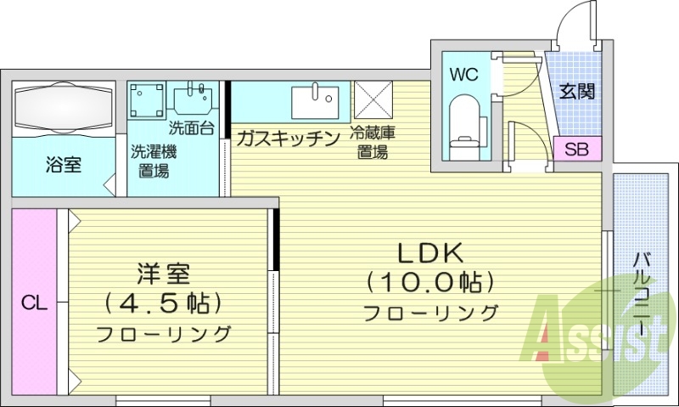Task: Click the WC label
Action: coord(464,74)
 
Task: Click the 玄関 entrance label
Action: coord(576,91)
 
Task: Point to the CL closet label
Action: coord(34,302)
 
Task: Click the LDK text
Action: coord(430,252)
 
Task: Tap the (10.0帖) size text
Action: coord(430,281)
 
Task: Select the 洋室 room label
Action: coord(163,274)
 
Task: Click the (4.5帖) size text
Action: coord(163,302)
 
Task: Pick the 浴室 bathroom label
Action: coord(64,165)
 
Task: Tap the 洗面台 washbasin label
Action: coord(191,130)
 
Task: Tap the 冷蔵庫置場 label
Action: coord(373,144)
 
